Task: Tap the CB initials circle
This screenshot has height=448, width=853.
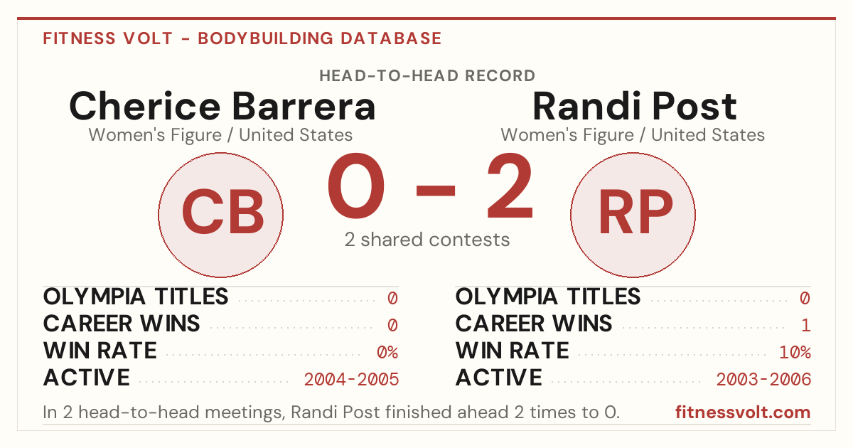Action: point(221,215)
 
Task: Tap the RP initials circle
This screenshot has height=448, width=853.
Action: point(633,215)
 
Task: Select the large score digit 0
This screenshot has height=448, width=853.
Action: point(356,186)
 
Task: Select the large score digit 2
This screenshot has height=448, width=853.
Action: point(510,186)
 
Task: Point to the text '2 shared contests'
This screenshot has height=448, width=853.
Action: point(427,240)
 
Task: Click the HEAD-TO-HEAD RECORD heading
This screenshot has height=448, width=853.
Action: point(427,76)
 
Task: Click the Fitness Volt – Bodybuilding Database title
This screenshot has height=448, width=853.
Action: point(242,38)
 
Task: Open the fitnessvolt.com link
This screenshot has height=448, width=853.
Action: point(743,412)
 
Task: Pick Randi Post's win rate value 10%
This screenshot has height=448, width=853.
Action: point(795,352)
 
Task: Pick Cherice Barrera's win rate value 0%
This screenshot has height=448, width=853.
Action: point(387,352)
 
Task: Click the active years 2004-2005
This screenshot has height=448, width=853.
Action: point(351,379)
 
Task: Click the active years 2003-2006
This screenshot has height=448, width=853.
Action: point(763,379)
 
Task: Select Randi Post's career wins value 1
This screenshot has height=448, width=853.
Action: point(805,325)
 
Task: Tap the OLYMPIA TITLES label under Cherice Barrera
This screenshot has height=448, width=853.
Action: point(136,297)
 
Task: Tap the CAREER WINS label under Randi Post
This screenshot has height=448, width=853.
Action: point(534,324)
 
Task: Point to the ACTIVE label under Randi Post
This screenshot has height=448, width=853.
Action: point(499,378)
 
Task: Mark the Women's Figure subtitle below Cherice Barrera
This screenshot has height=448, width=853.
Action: point(220,135)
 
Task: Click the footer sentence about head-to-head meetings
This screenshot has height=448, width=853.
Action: point(331,412)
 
